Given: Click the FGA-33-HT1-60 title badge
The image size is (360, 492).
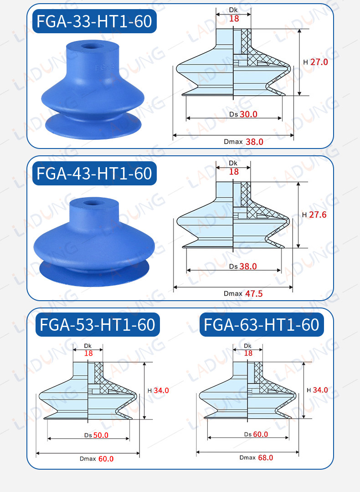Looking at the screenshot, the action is tap(94, 21).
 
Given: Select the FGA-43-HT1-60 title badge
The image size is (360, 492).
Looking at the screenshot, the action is tap(94, 173).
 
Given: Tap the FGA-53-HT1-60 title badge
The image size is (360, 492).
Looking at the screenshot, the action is tap(98, 325).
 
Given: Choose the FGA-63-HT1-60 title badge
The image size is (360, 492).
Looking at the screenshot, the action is tap(262, 325).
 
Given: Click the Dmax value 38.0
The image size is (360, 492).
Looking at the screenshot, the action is tap(254, 142).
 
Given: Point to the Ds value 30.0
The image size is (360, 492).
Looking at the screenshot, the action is tap(248, 114).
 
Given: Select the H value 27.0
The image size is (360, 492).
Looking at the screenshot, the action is tap(319, 62).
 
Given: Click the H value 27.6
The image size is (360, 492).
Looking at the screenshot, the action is tap(318, 215).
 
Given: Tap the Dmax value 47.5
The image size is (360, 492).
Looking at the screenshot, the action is tap(254, 294).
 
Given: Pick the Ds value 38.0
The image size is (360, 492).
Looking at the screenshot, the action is tap(248, 266).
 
